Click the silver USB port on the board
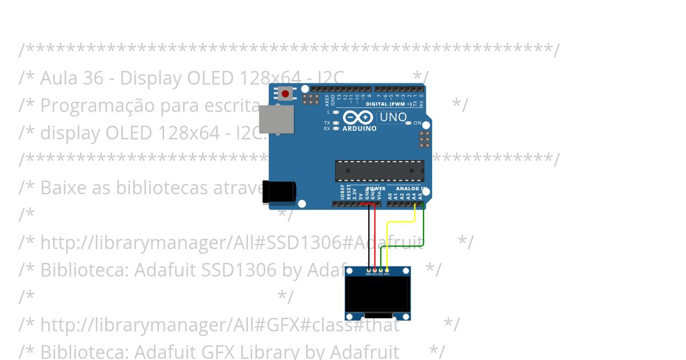276,119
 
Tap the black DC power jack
278,192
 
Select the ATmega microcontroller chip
380,170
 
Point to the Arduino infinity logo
358,118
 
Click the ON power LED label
417,123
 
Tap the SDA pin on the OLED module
387,270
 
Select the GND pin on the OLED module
369,270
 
